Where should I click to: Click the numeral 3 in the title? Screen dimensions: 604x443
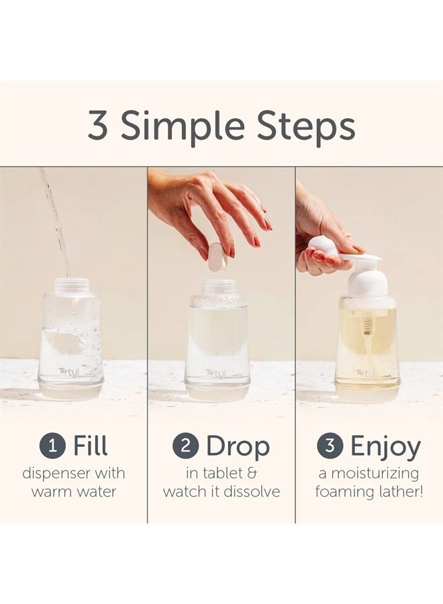pos(97,126)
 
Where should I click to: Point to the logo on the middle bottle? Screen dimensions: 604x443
pos(215,372)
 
